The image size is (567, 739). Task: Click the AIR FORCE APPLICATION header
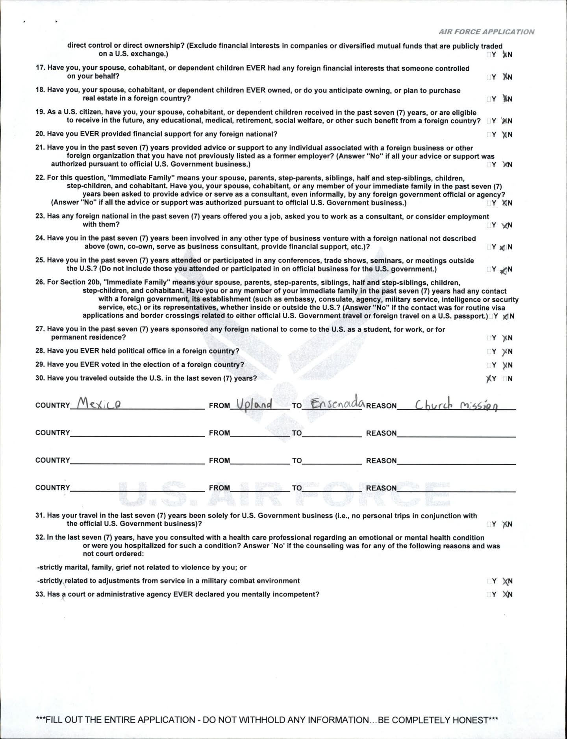point(487,32)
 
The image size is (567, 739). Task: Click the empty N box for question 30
point(505,379)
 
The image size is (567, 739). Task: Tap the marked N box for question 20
point(504,135)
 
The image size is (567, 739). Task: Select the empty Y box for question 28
point(489,351)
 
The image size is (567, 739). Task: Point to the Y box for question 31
point(489,524)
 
